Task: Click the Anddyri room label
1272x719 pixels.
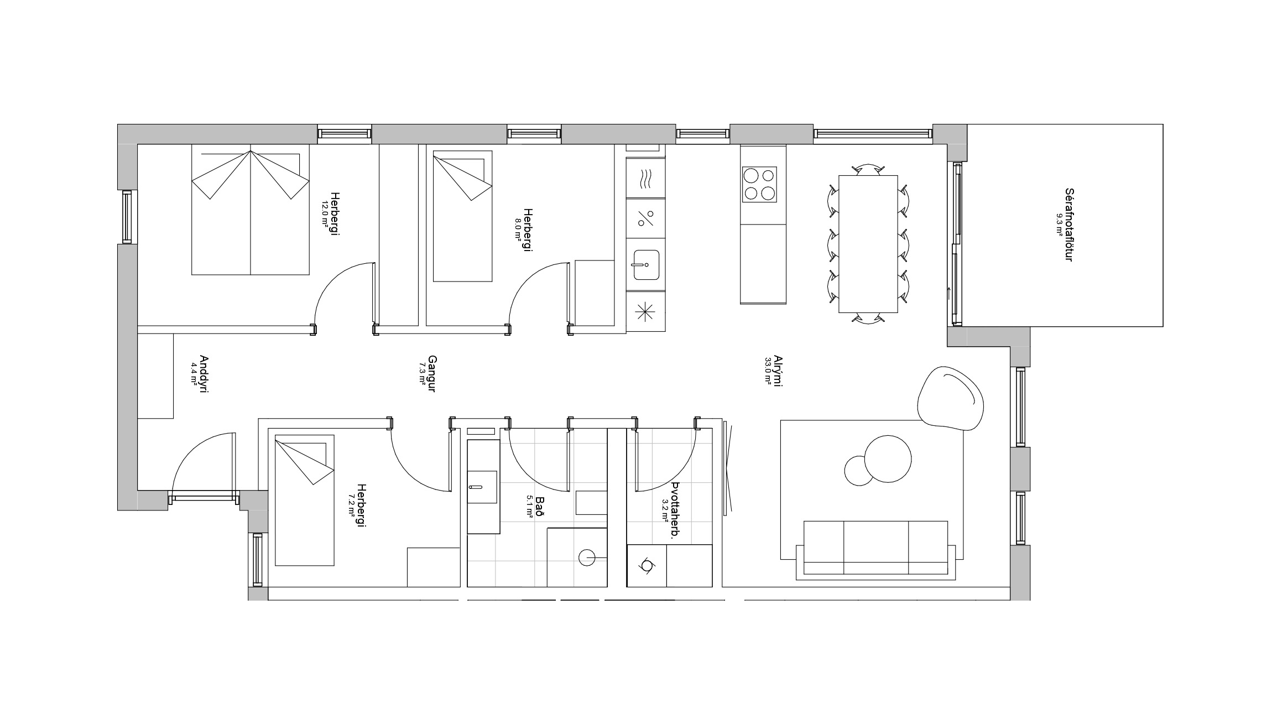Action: point(203,374)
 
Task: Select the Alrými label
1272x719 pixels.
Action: point(777,371)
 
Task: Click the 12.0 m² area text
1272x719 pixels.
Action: point(325,213)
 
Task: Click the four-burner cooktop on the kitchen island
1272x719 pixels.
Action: point(759,184)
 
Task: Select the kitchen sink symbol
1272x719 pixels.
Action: point(646,265)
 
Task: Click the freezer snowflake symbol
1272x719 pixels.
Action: point(645,312)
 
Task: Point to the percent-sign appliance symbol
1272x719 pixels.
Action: point(645,218)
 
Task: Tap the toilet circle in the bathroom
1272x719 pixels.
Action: point(587,558)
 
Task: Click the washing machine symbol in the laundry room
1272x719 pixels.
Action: point(646,565)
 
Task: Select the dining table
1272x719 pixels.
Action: point(868,244)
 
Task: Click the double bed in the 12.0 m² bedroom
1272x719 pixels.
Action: point(250,210)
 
